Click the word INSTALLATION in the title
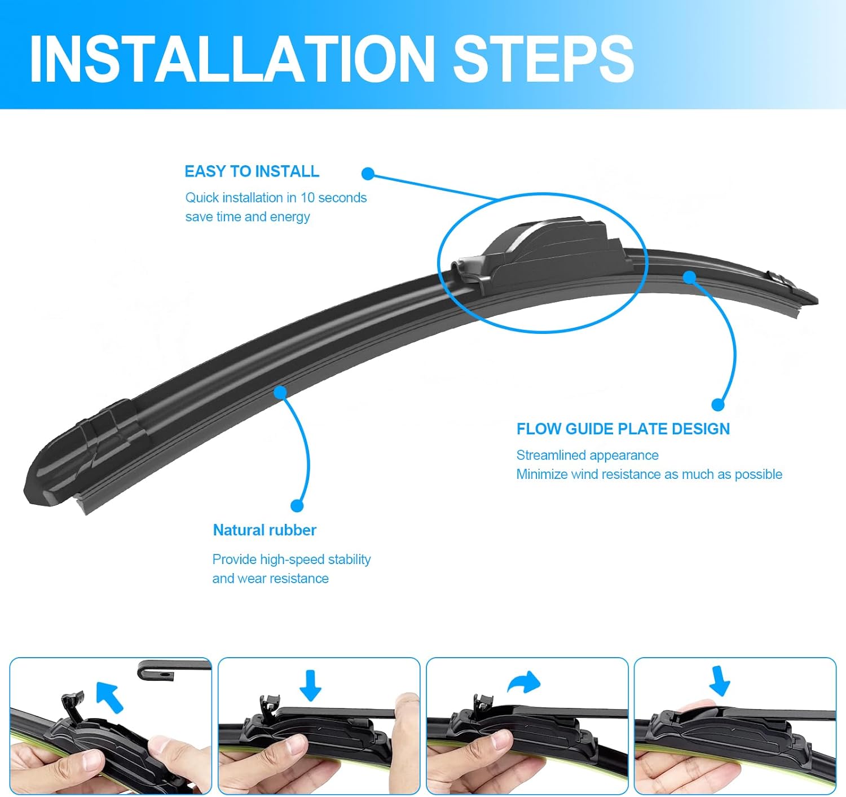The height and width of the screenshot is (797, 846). pos(231,59)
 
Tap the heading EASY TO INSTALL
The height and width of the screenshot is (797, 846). pos(252,171)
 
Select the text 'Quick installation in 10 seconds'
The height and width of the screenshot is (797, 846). pos(276,197)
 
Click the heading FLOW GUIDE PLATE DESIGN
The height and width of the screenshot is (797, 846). pos(623,429)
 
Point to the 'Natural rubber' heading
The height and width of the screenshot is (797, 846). pos(265,530)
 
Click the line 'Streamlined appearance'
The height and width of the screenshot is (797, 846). pos(587,455)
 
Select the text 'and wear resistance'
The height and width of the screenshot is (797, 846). pos(270,578)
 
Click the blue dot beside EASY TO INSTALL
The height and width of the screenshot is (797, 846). pos(368,174)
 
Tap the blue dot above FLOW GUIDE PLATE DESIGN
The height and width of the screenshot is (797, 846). pos(717,404)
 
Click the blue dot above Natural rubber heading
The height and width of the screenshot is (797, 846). pos(297,505)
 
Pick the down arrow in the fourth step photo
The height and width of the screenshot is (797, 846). pos(719,681)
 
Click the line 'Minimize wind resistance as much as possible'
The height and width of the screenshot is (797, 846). pos(649,474)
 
